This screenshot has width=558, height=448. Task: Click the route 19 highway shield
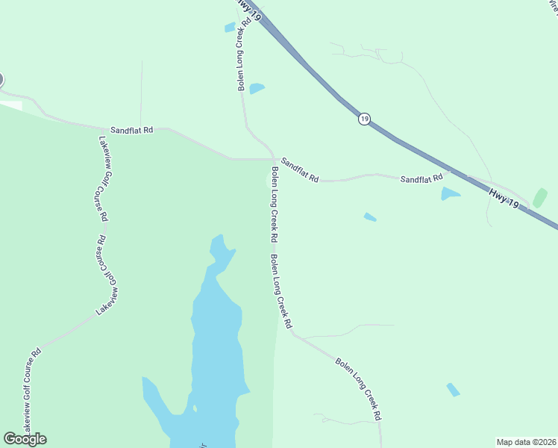pos(363,119)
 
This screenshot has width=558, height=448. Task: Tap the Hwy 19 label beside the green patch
pos(504,198)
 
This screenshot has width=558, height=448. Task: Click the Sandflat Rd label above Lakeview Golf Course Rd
pos(132,130)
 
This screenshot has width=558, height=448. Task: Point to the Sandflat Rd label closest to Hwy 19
pos(421,179)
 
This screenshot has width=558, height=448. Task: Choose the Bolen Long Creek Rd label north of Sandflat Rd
pos(242,60)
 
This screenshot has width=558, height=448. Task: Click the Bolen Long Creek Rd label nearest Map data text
pos(359,389)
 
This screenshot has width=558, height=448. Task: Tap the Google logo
pos(25,439)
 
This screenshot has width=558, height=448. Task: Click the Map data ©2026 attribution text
pos(527,441)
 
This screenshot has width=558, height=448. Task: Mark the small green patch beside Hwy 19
pos(539,198)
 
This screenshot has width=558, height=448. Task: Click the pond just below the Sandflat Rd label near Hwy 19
pos(450,194)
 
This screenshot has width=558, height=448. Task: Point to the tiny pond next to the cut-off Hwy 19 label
pos(230,28)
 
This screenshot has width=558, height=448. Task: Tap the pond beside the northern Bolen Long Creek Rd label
pos(257,88)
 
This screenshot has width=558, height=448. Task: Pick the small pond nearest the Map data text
pos(453,389)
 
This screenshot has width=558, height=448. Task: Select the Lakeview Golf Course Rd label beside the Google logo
pos(31,392)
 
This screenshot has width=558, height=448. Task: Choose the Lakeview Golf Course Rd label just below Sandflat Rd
pos(104,178)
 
